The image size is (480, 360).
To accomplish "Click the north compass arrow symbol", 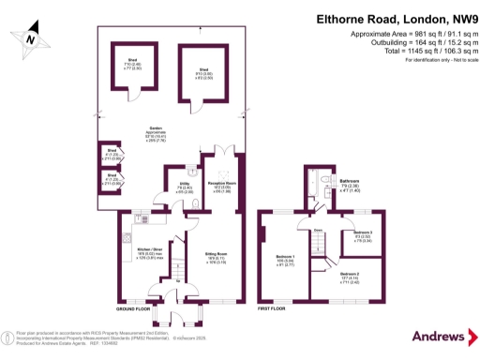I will [31, 37].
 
